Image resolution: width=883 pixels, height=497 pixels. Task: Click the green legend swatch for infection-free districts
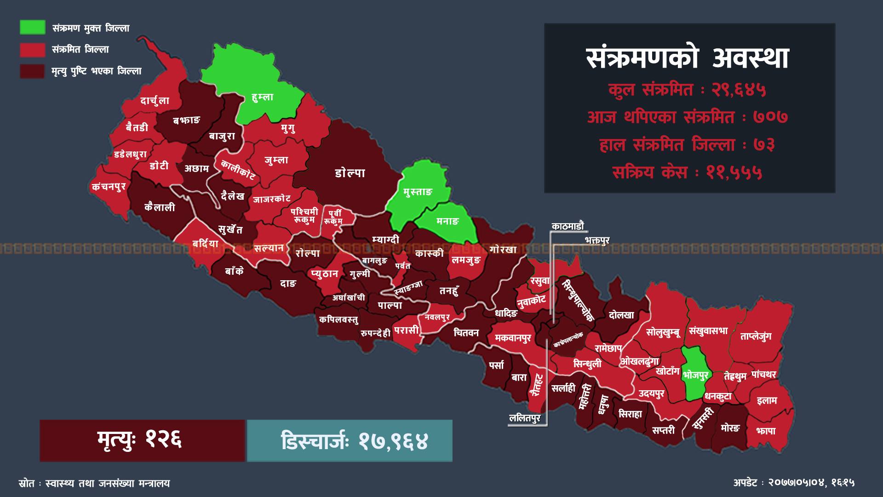tap(32, 27)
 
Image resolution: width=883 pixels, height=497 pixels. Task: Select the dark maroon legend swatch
tap(32, 71)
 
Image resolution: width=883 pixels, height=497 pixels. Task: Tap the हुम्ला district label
tap(263, 97)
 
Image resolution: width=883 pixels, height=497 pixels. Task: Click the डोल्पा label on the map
tap(350, 173)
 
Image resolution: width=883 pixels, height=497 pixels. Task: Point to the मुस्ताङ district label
tap(418, 192)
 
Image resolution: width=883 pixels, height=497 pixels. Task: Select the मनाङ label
tap(447, 221)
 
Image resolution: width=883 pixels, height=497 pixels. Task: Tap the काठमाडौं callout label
tap(568, 226)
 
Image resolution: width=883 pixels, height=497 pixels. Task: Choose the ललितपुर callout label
tap(525, 418)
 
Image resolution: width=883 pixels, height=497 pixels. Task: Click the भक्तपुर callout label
tap(597, 241)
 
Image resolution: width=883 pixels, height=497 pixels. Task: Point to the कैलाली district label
tap(160, 208)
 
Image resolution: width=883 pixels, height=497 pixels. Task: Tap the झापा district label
tap(766, 431)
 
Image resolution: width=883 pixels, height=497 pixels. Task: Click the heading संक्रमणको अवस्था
tap(688, 58)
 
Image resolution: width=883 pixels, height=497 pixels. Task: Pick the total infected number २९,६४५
tap(739, 90)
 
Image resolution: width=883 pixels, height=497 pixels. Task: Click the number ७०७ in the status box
tap(771, 117)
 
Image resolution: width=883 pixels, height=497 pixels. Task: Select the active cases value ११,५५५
tap(734, 173)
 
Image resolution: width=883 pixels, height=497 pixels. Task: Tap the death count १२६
tap(164, 440)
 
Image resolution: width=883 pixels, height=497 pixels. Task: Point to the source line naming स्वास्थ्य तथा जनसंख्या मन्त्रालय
tap(105, 484)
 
